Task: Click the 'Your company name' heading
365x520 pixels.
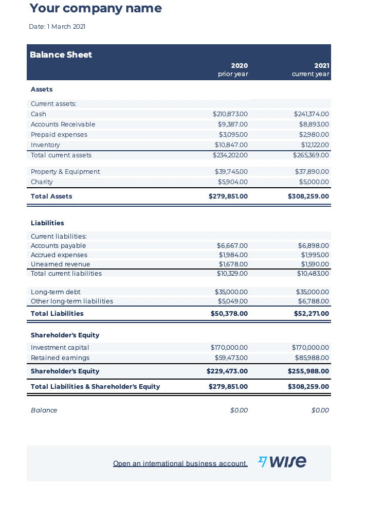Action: pyautogui.click(x=96, y=8)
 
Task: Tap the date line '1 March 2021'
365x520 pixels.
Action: pyautogui.click(x=57, y=27)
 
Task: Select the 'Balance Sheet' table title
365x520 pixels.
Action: pyautogui.click(x=61, y=55)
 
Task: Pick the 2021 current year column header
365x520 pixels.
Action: pyautogui.click(x=311, y=69)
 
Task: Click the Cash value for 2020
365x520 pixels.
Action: pyautogui.click(x=230, y=114)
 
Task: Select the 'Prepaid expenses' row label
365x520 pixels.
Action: pyautogui.click(x=59, y=134)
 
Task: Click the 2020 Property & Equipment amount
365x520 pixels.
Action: pyautogui.click(x=231, y=171)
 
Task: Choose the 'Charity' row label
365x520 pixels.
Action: pyautogui.click(x=42, y=182)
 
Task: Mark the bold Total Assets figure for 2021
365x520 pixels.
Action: pyautogui.click(x=308, y=196)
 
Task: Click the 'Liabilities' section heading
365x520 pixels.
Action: pyautogui.click(x=47, y=223)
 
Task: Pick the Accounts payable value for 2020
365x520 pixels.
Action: pyautogui.click(x=232, y=245)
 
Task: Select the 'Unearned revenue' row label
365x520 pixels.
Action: pyautogui.click(x=60, y=264)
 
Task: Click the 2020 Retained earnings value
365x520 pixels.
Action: pyautogui.click(x=231, y=357)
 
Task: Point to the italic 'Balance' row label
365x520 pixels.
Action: pyautogui.click(x=44, y=410)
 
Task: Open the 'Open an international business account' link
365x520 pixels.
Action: pyautogui.click(x=180, y=463)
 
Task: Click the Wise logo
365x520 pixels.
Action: pyautogui.click(x=282, y=462)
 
